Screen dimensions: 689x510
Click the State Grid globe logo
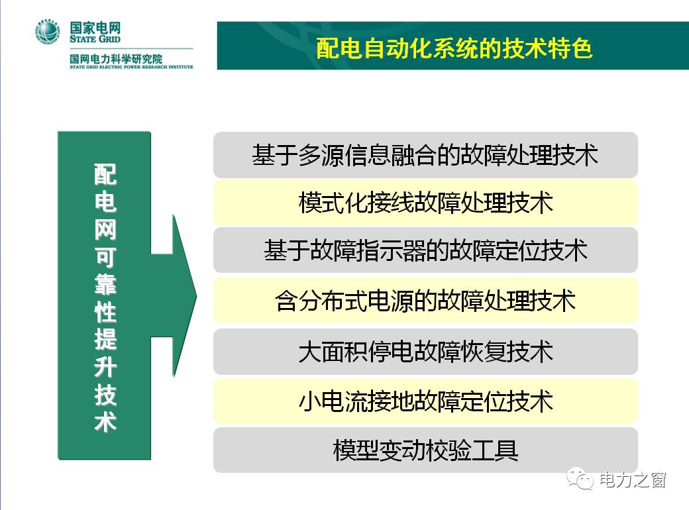[x=48, y=32]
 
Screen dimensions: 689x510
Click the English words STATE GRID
[x=95, y=38]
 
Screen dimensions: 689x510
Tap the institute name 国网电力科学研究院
[x=116, y=58]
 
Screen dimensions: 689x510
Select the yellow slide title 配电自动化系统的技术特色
[x=454, y=48]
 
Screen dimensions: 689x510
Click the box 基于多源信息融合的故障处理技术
[x=425, y=154]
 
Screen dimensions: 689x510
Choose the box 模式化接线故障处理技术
[x=425, y=203]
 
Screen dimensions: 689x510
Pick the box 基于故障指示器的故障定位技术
[x=425, y=250]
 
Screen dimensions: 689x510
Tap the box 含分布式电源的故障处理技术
[x=425, y=301]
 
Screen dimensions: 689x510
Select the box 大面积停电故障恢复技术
[x=425, y=352]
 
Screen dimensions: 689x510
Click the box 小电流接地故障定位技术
[x=425, y=401]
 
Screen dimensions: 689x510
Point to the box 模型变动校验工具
[x=425, y=450]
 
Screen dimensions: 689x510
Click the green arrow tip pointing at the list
[x=196, y=295]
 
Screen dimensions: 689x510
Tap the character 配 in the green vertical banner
[x=105, y=174]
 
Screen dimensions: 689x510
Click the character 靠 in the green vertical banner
[x=105, y=284]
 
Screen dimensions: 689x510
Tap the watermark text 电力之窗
[x=632, y=480]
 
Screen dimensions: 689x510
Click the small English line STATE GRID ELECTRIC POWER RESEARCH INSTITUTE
[x=131, y=67]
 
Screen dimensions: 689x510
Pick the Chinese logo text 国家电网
[x=95, y=27]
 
